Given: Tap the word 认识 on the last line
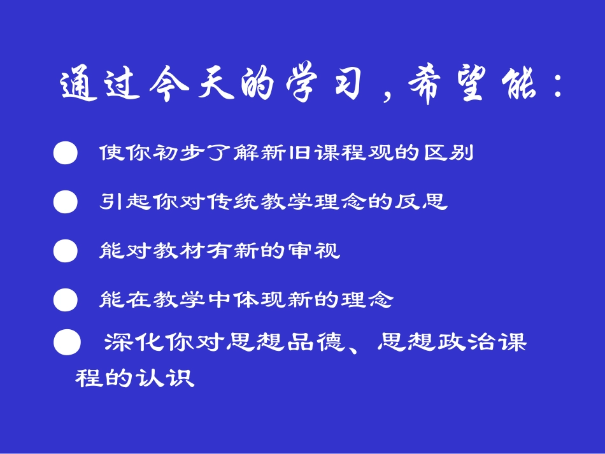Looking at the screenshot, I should point(172,378).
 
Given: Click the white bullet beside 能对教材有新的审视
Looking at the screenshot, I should point(66,251).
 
